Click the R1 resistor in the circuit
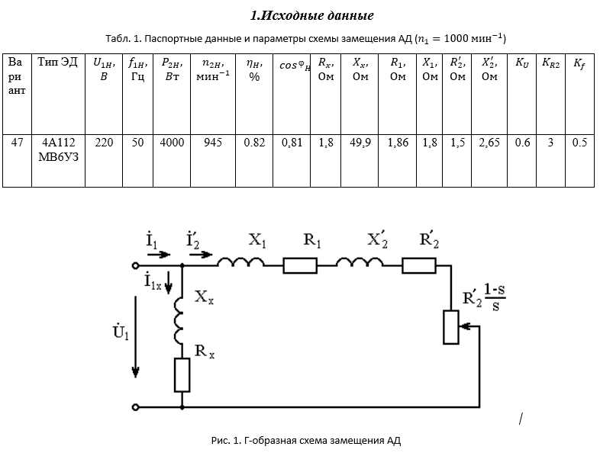300,265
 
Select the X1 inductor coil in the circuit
241,262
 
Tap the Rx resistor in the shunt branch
182,374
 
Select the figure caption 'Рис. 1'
305,440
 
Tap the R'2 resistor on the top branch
419,265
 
